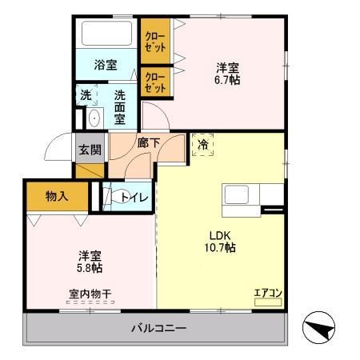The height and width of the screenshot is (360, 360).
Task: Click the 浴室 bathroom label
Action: (105, 65)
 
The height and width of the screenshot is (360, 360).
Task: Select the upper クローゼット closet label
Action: (155, 42)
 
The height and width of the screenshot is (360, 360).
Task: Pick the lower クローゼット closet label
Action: (155, 82)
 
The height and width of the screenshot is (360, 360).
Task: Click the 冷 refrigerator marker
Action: (202, 146)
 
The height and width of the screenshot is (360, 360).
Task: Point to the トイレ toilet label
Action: (133, 197)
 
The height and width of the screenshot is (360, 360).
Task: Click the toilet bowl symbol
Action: (113, 196)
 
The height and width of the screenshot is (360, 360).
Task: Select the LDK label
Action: (220, 235)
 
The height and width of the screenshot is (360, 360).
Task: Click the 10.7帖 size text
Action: (220, 248)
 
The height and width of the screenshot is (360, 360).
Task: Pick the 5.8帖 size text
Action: (90, 269)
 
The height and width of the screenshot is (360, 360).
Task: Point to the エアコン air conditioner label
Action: (267, 292)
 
